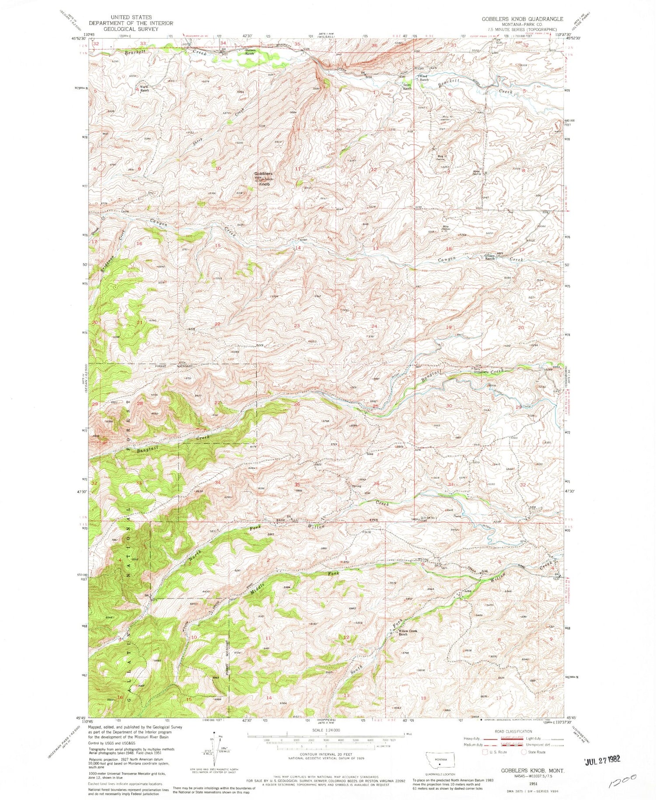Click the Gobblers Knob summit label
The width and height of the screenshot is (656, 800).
264,179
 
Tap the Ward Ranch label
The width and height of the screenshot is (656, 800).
144,89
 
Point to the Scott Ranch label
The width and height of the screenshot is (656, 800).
407,87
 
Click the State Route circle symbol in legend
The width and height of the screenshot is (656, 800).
523,752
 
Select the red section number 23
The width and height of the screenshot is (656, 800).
297,326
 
